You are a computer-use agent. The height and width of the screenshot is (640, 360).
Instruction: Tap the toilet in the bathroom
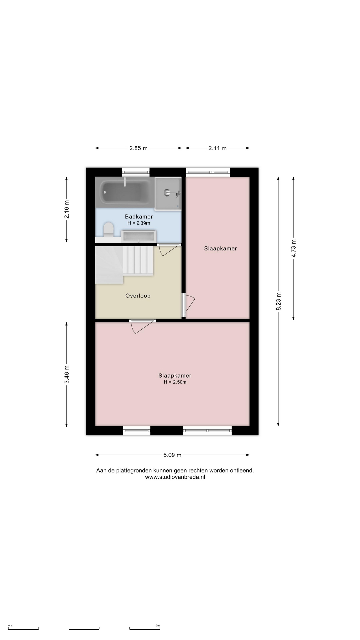pyautogui.click(x=108, y=230)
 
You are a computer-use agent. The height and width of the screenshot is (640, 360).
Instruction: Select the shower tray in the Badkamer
pyautogui.click(x=168, y=194)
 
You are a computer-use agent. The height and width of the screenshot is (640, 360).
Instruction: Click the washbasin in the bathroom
pyautogui.click(x=138, y=236)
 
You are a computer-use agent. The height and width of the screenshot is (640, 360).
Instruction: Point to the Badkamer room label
pyautogui.click(x=139, y=217)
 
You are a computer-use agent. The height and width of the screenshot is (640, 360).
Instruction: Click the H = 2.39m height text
pyautogui.click(x=139, y=223)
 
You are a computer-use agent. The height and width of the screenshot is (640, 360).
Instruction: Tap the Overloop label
pyautogui.click(x=138, y=296)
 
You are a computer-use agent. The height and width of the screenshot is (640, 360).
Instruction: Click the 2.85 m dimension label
pyautogui.click(x=139, y=148)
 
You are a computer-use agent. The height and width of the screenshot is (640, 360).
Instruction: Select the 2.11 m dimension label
pyautogui.click(x=217, y=148)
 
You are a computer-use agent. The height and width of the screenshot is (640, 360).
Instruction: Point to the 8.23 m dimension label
pyautogui.click(x=279, y=301)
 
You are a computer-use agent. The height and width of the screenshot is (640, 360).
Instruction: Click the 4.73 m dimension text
pyautogui.click(x=294, y=248)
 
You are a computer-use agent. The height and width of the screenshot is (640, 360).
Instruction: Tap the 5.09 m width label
pyautogui.click(x=172, y=455)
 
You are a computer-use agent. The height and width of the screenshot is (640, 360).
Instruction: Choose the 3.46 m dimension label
pyautogui.click(x=67, y=374)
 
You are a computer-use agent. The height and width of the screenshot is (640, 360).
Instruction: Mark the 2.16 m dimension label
pyautogui.click(x=67, y=209)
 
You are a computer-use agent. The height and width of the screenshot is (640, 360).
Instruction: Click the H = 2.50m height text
pyautogui.click(x=175, y=382)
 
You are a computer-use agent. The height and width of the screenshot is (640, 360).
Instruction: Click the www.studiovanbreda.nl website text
pyautogui.click(x=175, y=477)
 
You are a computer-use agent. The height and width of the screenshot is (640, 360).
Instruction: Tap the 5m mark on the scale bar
pyautogui.click(x=158, y=626)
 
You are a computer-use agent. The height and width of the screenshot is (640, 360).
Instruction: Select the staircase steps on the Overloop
pyautogui.click(x=138, y=261)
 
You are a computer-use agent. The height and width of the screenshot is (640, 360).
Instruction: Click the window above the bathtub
pyautogui.click(x=136, y=172)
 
